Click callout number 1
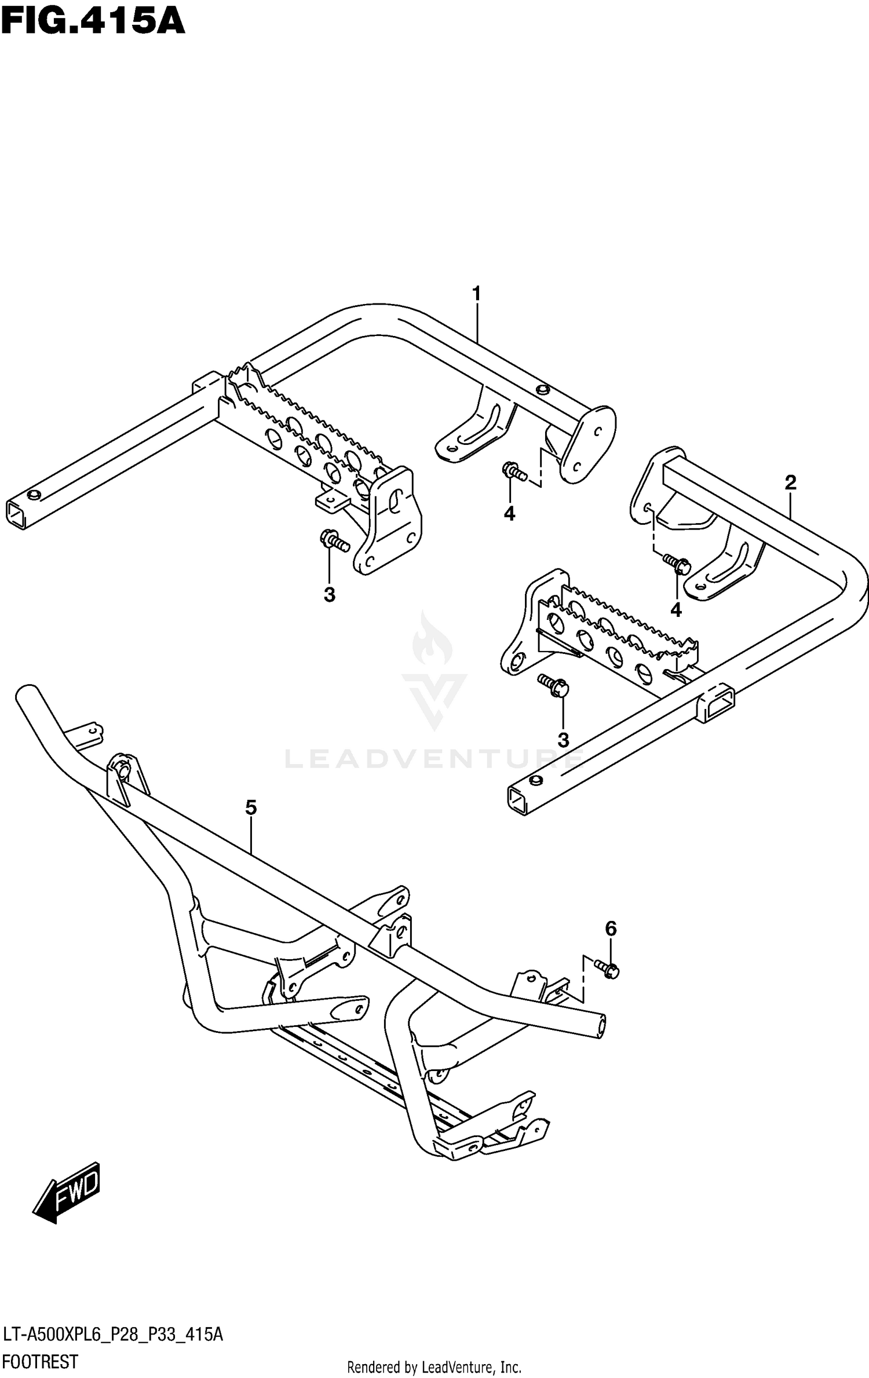click(476, 295)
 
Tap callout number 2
click(790, 483)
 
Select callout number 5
click(250, 807)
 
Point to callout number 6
click(611, 929)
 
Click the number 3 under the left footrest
click(329, 594)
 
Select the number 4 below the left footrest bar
click(509, 513)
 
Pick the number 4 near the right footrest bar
click(676, 610)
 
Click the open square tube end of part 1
click(16, 514)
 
